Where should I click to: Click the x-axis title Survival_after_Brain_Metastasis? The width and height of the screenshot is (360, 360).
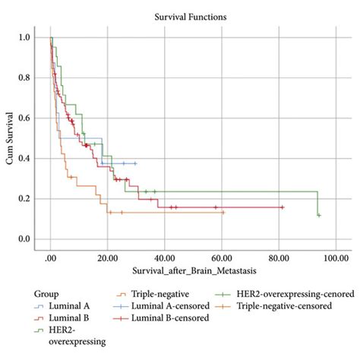click(x=194, y=271)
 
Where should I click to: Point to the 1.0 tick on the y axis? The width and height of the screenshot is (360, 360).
click(x=26, y=37)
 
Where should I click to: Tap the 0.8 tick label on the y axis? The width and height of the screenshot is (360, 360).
click(x=26, y=77)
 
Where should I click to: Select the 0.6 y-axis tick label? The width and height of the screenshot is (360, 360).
click(x=26, y=118)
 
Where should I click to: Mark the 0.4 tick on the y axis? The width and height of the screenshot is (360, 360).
click(x=26, y=158)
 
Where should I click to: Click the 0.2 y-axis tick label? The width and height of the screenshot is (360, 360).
click(x=26, y=198)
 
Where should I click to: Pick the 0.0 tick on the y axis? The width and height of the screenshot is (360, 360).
click(x=26, y=239)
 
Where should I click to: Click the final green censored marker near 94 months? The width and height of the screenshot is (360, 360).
click(x=319, y=215)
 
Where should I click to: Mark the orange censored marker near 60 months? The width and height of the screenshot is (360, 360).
click(x=223, y=213)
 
